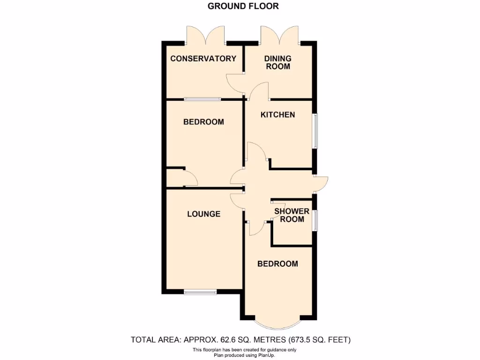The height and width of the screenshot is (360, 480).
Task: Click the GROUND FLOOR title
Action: pyautogui.click(x=243, y=6)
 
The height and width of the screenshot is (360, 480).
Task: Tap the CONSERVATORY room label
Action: pyautogui.click(x=203, y=59)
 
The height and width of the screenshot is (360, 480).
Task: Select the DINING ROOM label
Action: pyautogui.click(x=277, y=62)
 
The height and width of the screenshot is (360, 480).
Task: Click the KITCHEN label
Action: pyautogui.click(x=277, y=115)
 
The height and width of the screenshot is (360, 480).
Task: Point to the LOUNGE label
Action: pyautogui.click(x=203, y=214)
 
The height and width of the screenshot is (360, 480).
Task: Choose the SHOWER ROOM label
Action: pyautogui.click(x=292, y=215)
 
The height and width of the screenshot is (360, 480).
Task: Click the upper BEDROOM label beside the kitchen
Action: pyautogui.click(x=203, y=122)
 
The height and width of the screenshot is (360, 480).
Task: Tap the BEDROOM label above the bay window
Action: pyautogui.click(x=277, y=264)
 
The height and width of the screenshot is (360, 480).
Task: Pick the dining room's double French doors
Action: pyautogui.click(x=280, y=36)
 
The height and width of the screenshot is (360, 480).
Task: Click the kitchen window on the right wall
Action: pyautogui.click(x=315, y=131)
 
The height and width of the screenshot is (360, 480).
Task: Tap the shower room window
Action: pyautogui.click(x=315, y=220)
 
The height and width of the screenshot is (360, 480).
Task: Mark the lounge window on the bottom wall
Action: pyautogui.click(x=201, y=292)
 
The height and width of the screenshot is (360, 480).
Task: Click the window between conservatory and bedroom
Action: pyautogui.click(x=202, y=99)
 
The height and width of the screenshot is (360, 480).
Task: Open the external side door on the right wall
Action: pyautogui.click(x=321, y=184)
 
